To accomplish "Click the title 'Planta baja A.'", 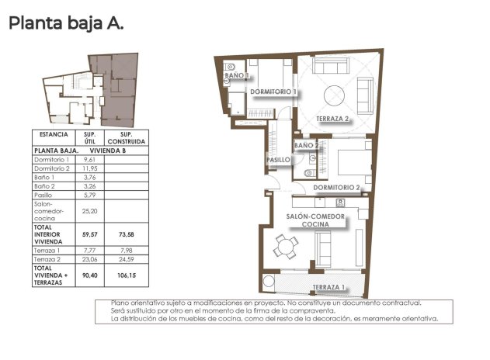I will point(65,23).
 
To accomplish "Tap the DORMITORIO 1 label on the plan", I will point(274,92).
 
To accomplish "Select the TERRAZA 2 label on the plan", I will point(335,119).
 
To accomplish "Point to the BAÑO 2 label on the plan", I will point(307,145).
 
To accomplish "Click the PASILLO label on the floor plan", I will point(278,160).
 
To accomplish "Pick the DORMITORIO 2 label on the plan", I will point(337,188).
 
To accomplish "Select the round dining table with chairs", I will point(287,247).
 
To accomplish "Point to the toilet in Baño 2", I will point(309,172).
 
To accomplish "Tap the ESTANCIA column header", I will point(54,135).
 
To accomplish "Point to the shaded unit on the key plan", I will point(117,89).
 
